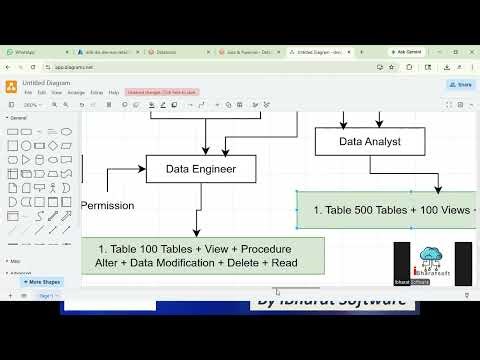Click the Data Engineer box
click(201, 169)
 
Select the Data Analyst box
click(370, 141)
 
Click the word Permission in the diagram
click(108, 205)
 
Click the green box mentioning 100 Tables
click(196, 255)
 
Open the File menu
click(28, 92)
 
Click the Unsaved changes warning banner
click(162, 92)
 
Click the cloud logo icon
click(433, 256)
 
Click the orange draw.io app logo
click(11, 86)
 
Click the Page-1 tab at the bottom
click(46, 297)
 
